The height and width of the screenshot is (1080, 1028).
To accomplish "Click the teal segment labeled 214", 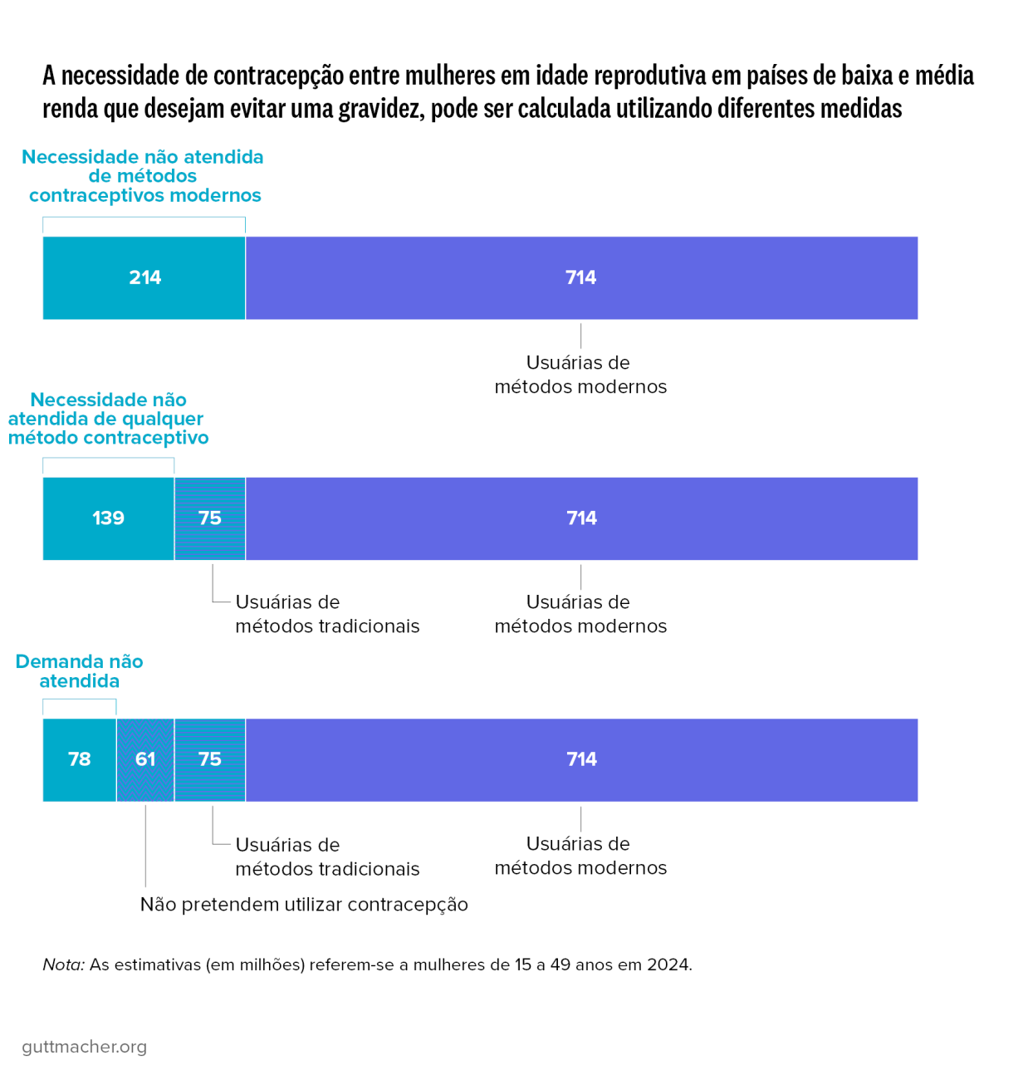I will coord(144,277).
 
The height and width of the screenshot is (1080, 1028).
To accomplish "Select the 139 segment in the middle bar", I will coord(108,518).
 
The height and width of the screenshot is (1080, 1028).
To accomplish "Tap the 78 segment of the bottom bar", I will coord(79,759).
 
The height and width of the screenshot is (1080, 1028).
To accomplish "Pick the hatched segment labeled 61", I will coord(145,759).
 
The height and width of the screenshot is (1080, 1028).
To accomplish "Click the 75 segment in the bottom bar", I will coord(210,759).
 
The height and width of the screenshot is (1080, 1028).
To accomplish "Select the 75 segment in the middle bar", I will coord(210,518).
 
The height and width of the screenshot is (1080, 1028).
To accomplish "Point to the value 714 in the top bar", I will coord(580,277).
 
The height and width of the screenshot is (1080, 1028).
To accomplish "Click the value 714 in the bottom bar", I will coord(581,759).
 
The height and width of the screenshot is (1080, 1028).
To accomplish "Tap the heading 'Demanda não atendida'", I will coord(79,671).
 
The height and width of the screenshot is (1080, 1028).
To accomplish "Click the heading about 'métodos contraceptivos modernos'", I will coord(143,176).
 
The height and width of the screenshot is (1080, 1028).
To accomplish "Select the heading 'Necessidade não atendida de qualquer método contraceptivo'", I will coord(108,419).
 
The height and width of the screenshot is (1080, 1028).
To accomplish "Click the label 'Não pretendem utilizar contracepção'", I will coord(304,905).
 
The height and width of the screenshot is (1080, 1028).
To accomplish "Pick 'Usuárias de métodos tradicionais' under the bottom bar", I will coord(327,857).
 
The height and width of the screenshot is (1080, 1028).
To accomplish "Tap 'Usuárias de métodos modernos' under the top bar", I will coord(580,375).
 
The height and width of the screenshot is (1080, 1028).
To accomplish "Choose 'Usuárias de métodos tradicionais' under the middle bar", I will coord(327,614).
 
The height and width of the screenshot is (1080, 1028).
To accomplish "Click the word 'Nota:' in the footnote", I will coord(63,965).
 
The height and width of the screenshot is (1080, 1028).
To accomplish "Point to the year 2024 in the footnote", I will coord(668,965).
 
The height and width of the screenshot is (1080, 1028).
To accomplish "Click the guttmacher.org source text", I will coord(84,1047).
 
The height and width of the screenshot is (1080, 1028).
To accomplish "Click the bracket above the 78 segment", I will coord(79,700).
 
